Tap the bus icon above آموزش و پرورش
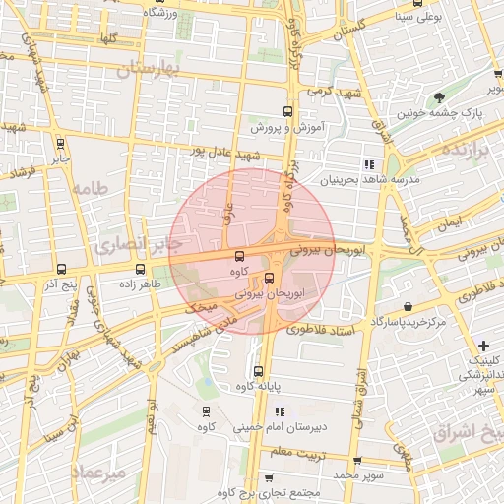point(287,111)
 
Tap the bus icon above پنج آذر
point(62,269)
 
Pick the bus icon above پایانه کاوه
point(258,371)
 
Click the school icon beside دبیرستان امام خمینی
point(280,411)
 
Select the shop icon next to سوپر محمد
point(357,459)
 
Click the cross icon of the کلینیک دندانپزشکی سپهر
point(483,346)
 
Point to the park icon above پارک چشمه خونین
point(438,96)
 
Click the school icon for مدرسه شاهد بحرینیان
point(369,164)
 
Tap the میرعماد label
point(99,473)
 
